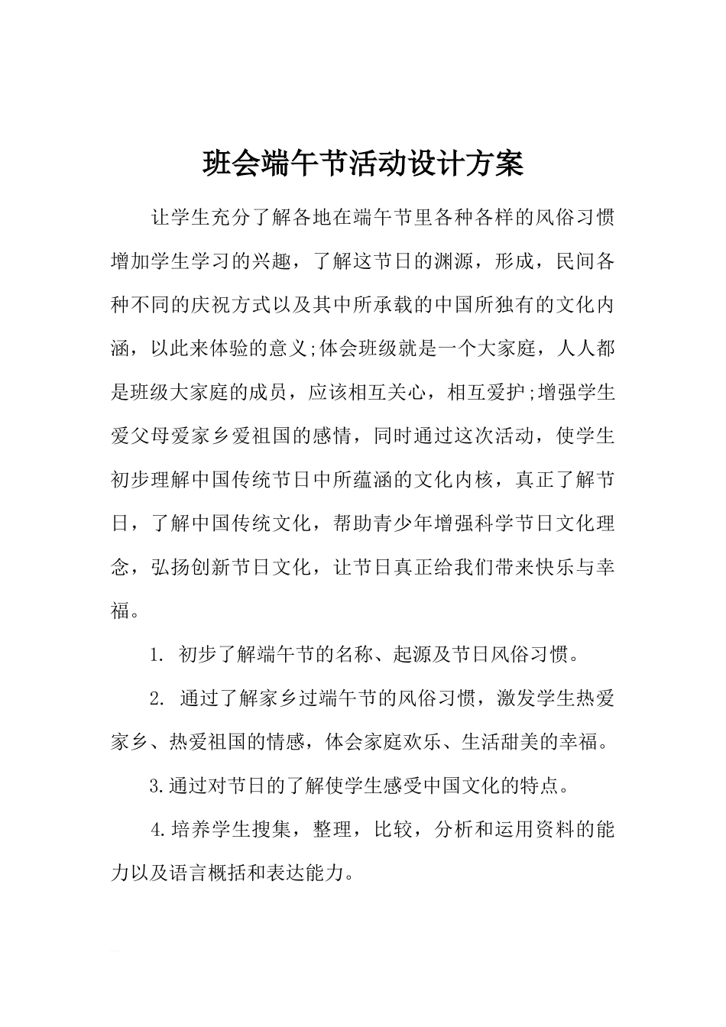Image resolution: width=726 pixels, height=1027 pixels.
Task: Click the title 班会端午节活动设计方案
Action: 363,163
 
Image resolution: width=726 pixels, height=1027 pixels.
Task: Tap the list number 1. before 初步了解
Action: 157,655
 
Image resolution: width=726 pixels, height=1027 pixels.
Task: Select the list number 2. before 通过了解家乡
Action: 157,698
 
